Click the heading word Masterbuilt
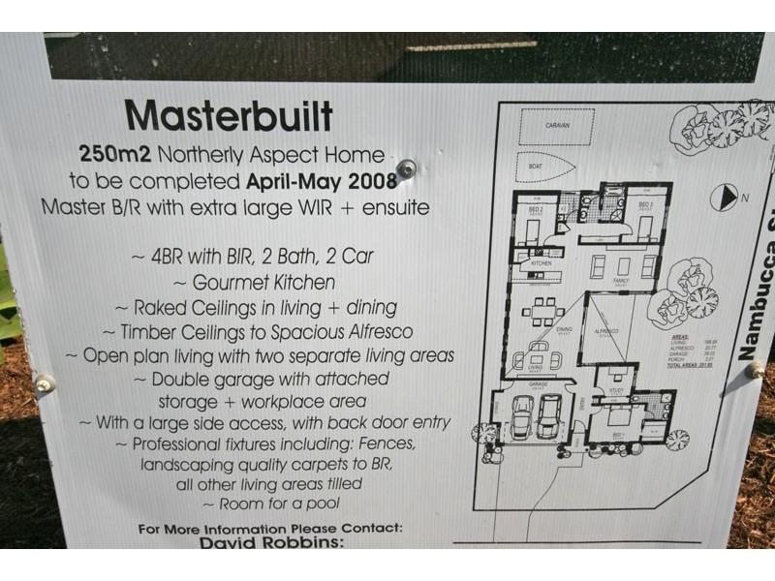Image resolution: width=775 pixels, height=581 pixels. (229, 116)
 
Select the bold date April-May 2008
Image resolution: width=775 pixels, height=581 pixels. (322, 181)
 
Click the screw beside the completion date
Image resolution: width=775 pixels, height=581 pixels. (407, 168)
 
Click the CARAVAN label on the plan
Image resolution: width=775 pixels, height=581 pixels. (556, 125)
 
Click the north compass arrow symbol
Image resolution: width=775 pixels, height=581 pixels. (723, 198)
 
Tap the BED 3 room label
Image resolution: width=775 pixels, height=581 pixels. (646, 205)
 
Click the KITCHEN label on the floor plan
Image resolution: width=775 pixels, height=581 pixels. (541, 263)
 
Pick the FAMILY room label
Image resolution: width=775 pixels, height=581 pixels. (621, 279)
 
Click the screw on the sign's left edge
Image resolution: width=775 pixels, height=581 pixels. (45, 384)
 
